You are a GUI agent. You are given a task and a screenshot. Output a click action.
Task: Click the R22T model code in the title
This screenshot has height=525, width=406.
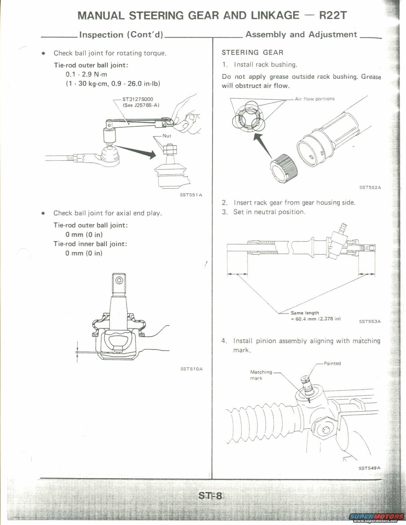pyautogui.click(x=332, y=15)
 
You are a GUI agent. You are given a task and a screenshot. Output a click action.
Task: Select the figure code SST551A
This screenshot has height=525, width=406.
pyautogui.click(x=191, y=195)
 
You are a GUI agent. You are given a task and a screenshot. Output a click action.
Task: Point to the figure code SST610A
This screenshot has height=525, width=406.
pyautogui.click(x=191, y=369)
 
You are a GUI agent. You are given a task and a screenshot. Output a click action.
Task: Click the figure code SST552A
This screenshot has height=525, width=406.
pyautogui.click(x=370, y=187)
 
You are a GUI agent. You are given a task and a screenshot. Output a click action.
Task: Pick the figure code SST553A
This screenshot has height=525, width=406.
pyautogui.click(x=370, y=321)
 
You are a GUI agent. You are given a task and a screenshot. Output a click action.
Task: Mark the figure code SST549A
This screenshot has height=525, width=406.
pyautogui.click(x=369, y=468)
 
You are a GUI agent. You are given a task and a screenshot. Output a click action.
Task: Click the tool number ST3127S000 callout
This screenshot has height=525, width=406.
pyautogui.click(x=138, y=99)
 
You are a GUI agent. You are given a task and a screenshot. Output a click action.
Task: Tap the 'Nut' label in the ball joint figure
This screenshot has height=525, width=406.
pyautogui.click(x=167, y=136)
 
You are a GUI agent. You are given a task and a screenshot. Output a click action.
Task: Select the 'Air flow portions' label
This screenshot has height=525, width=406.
pyautogui.click(x=315, y=99)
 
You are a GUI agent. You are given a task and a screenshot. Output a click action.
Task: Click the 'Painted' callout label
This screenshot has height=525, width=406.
pyautogui.click(x=332, y=363)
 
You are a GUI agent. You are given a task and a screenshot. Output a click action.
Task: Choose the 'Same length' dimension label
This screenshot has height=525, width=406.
pyautogui.click(x=305, y=313)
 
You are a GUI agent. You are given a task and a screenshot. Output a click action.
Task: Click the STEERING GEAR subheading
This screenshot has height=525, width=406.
pyautogui.click(x=253, y=52)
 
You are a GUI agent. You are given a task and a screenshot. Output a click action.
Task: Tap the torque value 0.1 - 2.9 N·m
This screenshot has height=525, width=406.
pyautogui.click(x=86, y=74)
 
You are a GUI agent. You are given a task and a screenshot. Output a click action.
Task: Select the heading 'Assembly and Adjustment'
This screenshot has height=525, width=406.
pyautogui.click(x=301, y=34)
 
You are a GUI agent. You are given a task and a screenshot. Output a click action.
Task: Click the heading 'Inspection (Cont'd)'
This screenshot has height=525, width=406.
pyautogui.click(x=121, y=35)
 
